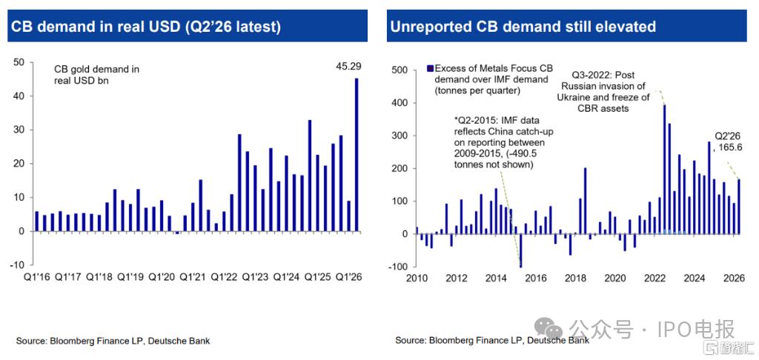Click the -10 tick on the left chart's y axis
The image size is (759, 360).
pos(17,264)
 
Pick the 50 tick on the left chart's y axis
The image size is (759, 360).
pos(19,62)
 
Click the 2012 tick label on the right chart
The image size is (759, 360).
pos(457,279)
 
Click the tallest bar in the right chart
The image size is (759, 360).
pos(665,170)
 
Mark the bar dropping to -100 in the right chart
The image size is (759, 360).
pos(521,250)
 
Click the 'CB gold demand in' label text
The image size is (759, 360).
pos(97,70)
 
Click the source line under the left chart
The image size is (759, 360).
pos(113,341)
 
